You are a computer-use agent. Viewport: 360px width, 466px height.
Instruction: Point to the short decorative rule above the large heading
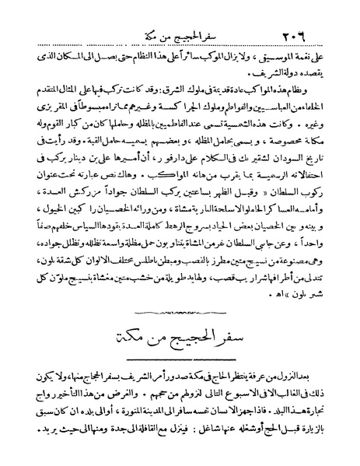180,311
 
